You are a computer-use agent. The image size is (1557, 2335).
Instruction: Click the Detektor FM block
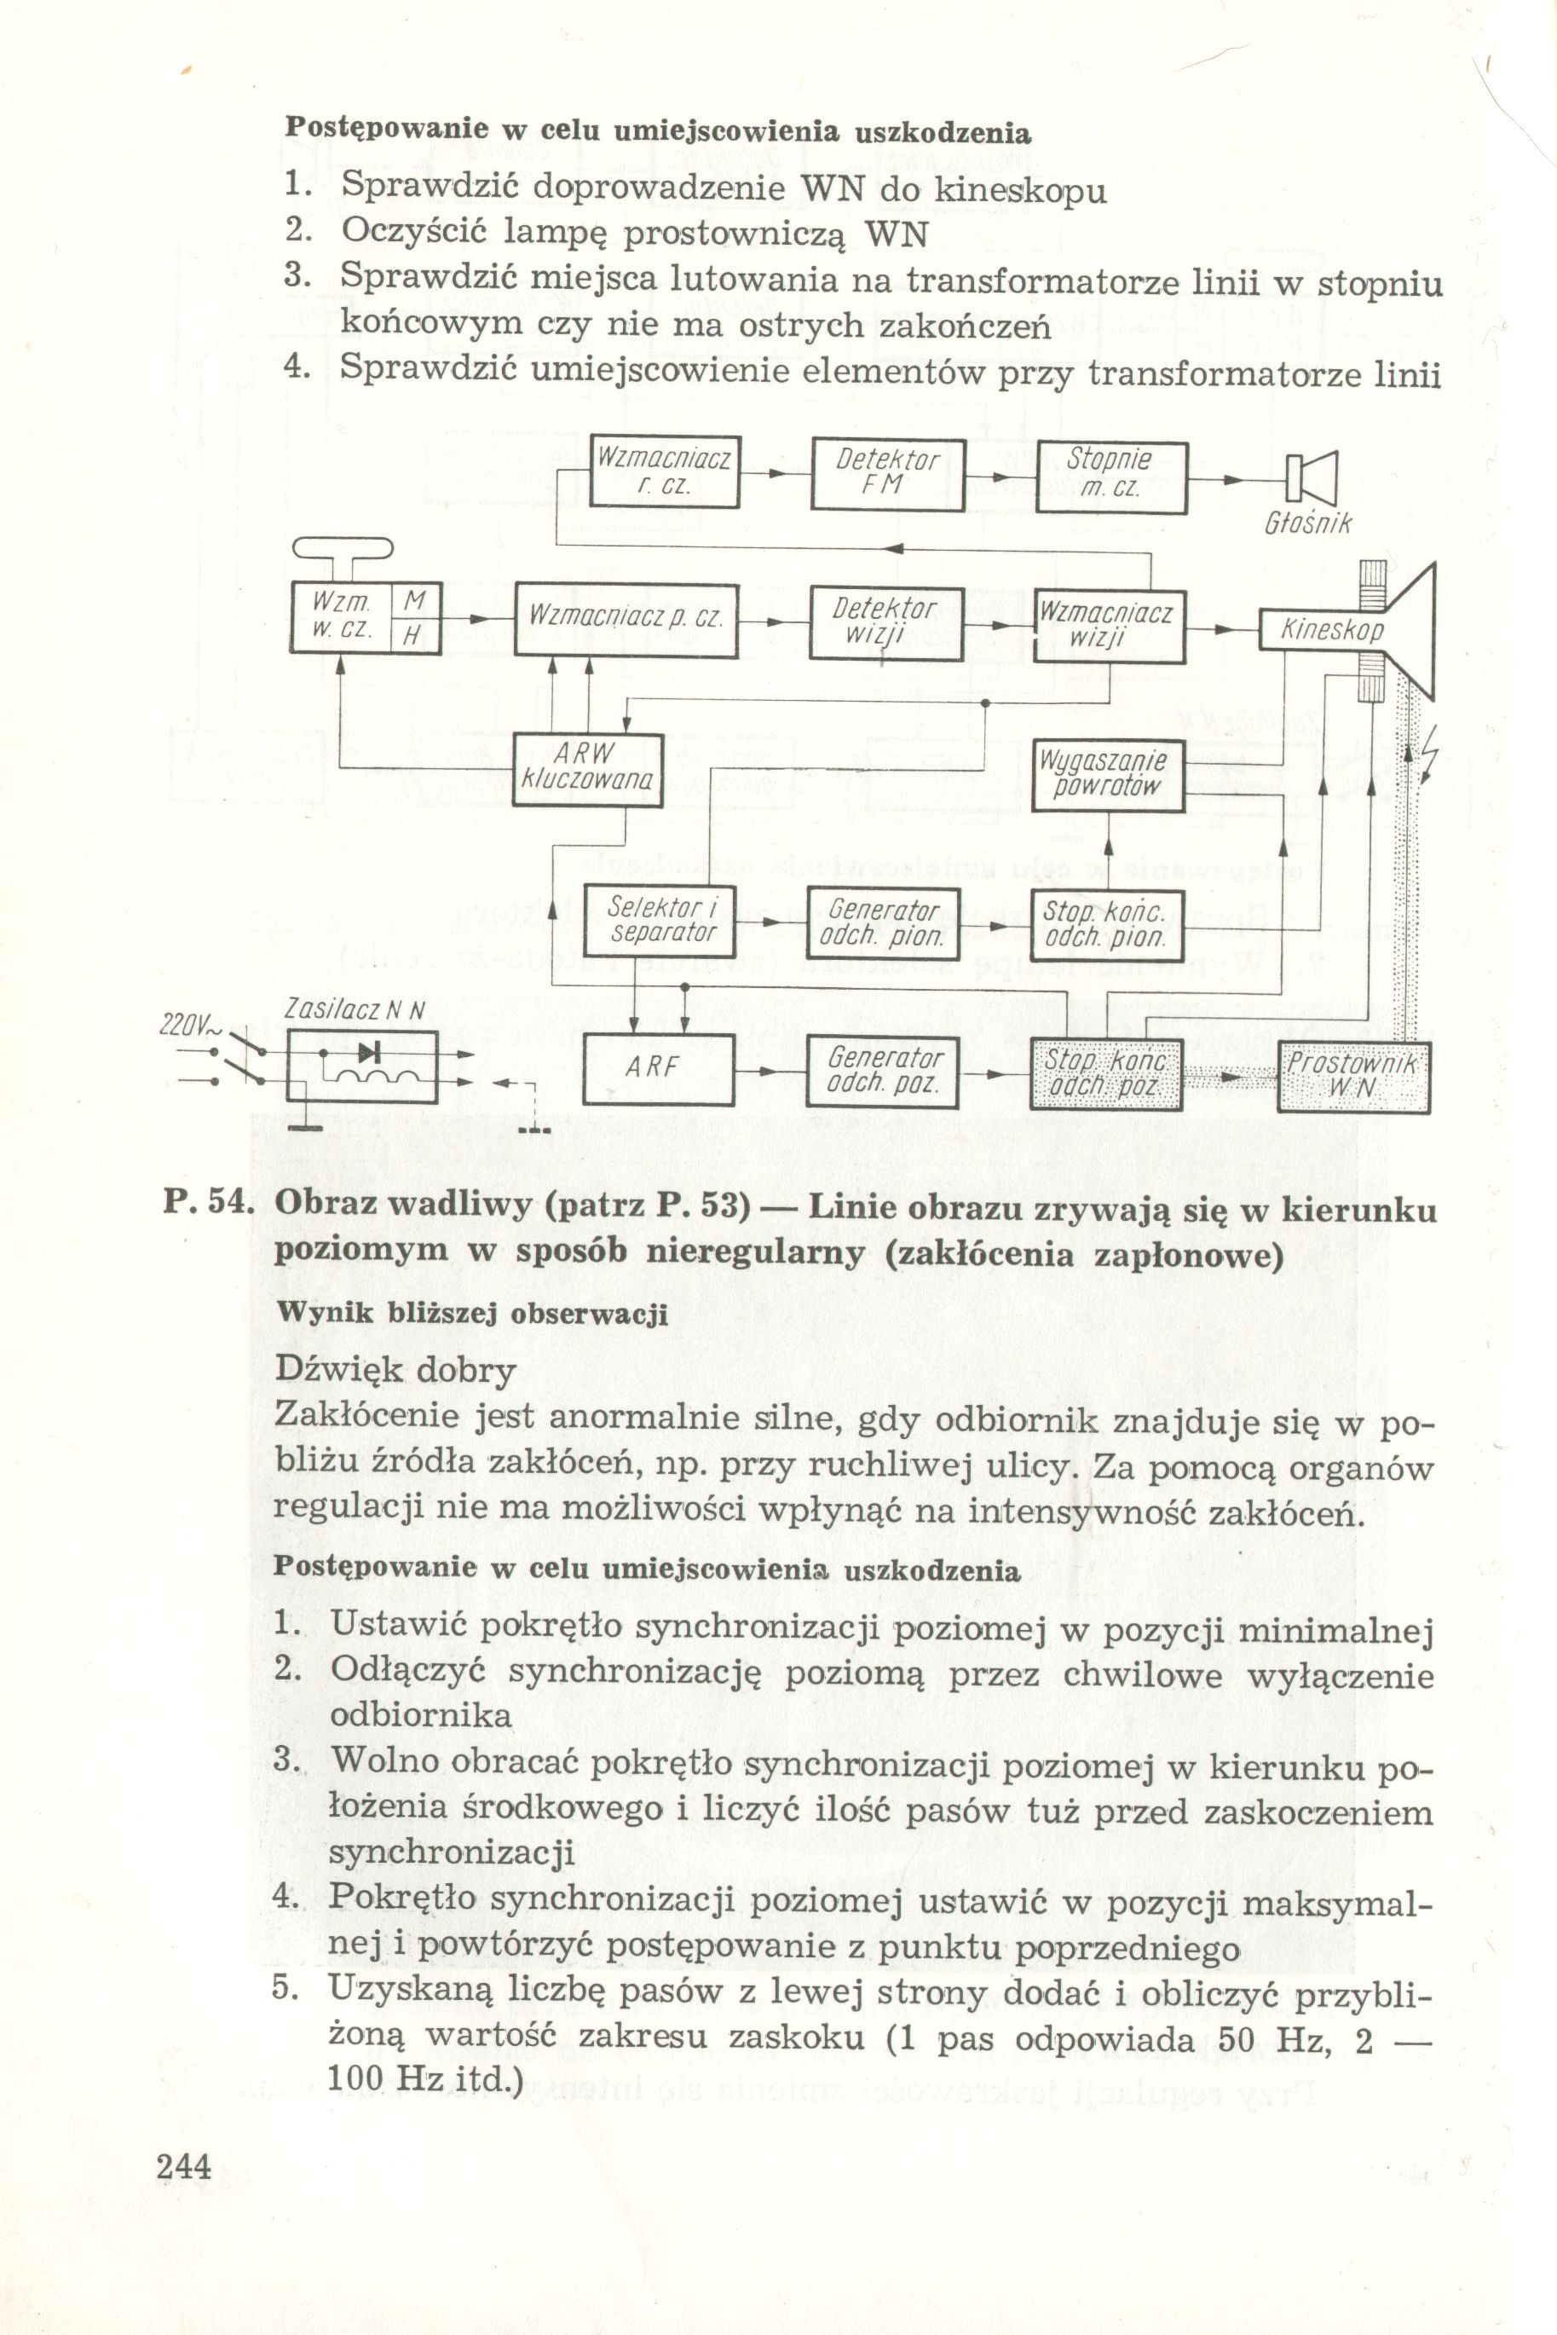point(888,474)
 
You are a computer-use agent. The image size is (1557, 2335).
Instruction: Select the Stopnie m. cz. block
point(1111,477)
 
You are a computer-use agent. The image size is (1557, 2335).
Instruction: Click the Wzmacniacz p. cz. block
point(626,620)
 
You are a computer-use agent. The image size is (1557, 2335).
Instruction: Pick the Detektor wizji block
point(885,622)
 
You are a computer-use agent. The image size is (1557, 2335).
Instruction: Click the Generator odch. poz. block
point(884,1072)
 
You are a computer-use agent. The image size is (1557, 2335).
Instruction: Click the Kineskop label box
point(1330,630)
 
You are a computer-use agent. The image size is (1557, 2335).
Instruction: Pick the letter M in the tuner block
point(415,601)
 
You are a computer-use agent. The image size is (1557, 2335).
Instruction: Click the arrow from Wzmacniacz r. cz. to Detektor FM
point(776,475)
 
